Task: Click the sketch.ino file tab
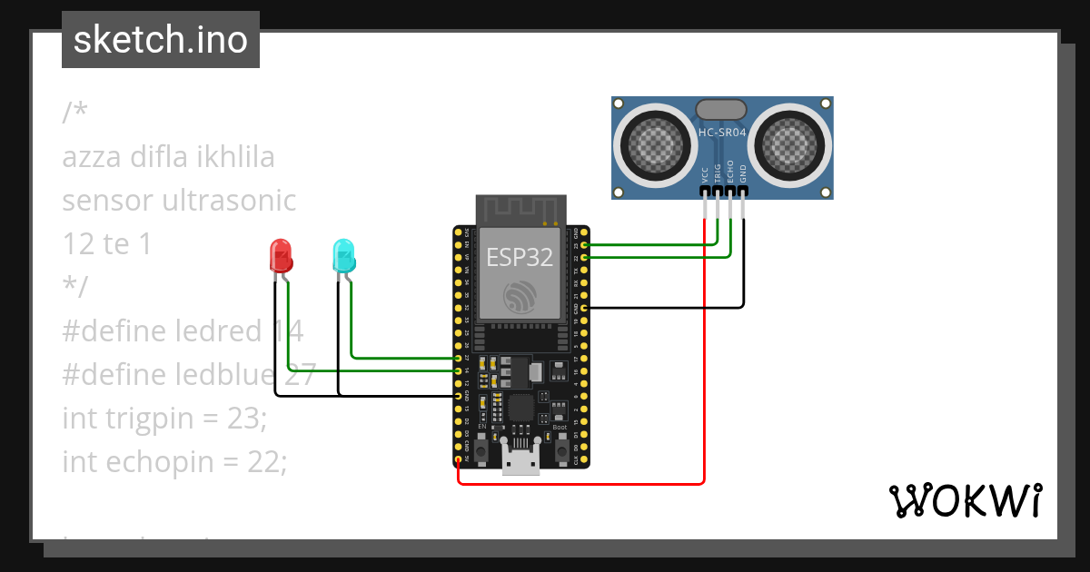point(160,40)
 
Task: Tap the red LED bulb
point(281,255)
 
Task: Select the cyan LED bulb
point(343,255)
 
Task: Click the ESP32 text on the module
point(520,257)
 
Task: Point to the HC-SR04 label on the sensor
point(722,133)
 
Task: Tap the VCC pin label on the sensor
point(705,174)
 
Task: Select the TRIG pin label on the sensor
point(718,174)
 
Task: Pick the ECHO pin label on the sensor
point(730,174)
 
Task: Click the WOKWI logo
point(965,500)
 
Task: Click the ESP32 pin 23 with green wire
point(584,245)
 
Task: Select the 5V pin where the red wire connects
point(458,460)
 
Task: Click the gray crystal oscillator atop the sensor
point(722,109)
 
